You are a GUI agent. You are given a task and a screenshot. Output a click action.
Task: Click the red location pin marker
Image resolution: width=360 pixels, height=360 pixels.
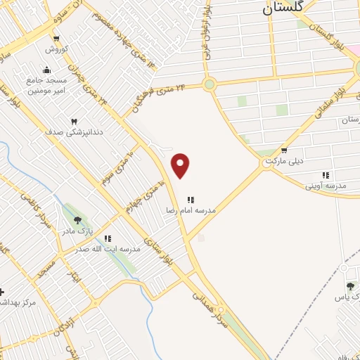tap(181, 165)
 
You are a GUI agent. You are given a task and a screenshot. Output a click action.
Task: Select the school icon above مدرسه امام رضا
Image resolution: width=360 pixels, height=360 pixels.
tap(191, 200)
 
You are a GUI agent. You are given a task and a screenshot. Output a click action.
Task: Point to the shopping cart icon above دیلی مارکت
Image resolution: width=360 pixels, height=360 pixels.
tap(283, 150)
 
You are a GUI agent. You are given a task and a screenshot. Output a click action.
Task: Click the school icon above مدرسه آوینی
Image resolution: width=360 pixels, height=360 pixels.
tap(325, 175)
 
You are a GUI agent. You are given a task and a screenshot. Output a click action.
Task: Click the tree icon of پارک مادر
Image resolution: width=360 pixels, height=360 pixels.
tap(77, 219)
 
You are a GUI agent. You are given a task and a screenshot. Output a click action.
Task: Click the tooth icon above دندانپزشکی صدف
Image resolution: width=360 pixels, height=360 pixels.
tap(74, 121)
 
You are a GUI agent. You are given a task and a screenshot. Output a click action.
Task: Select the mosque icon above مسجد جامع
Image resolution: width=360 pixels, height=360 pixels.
tap(46, 70)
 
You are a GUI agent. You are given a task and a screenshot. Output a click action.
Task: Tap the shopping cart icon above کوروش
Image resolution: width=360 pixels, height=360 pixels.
tap(56, 39)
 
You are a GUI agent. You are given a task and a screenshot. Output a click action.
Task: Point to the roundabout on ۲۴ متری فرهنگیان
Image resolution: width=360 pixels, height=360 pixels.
tap(209, 85)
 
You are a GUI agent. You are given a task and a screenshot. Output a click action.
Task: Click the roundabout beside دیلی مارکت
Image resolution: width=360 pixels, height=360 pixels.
tap(269, 162)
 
